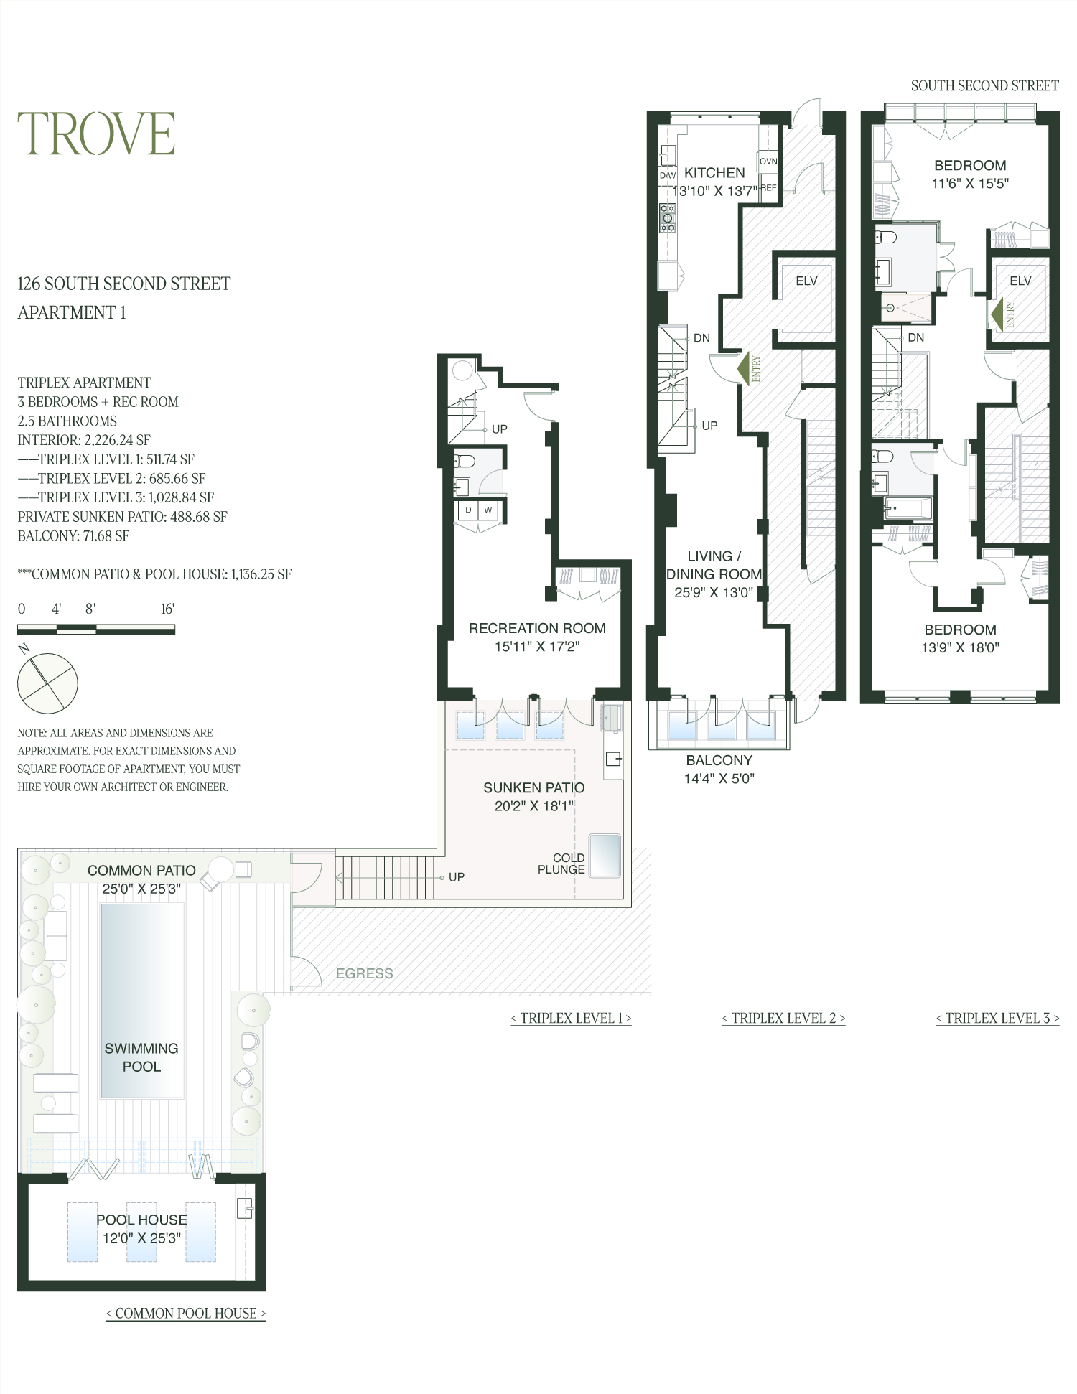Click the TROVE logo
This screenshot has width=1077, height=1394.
pos(96,134)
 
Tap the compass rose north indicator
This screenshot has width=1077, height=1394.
pos(25,650)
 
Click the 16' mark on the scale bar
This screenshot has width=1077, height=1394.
pos(167,609)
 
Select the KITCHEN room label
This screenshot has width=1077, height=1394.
pos(714,172)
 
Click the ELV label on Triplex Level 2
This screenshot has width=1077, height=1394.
pos(806,281)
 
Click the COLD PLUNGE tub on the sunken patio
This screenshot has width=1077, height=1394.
pos(604,854)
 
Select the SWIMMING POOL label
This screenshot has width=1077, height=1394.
pos(141,1057)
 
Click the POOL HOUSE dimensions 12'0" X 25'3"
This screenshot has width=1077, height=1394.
pos(141,1238)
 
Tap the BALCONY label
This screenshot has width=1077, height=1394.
pos(719,760)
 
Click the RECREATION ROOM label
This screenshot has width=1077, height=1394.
pos(537,628)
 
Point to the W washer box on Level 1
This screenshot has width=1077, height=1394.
pos(488,510)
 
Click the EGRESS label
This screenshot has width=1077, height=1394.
pos(364,973)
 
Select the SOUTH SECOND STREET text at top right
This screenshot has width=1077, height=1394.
pos(984,86)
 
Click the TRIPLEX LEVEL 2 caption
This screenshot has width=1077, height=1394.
pos(783,1018)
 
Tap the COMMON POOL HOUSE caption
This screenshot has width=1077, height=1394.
pos(186,1314)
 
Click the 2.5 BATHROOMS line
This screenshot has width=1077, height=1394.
pos(67,421)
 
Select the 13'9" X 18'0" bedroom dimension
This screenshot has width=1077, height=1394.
pos(960,647)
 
